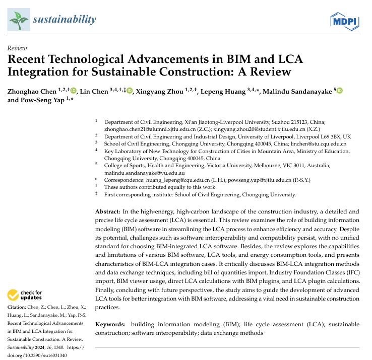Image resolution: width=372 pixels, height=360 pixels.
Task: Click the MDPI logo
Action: tap(344, 21)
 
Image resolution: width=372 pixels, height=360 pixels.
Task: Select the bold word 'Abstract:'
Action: tap(109, 212)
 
